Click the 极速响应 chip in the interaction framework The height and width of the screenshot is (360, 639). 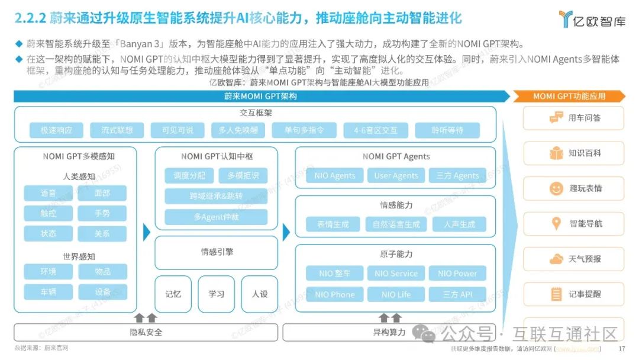56,130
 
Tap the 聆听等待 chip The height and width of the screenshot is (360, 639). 447,130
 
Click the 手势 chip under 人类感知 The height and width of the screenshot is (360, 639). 102,213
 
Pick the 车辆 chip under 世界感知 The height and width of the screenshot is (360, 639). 49,292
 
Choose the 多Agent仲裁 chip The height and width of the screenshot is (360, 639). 216,217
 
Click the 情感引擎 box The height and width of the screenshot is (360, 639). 216,252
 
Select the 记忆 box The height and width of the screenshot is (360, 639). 173,294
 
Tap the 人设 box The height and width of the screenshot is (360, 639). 259,294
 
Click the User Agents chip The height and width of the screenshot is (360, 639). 396,175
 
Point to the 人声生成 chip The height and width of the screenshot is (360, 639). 459,224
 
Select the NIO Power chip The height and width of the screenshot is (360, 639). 457,274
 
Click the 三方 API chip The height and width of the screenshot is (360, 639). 457,294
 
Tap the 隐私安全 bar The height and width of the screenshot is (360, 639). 146,332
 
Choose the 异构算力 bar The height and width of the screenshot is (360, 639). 389,332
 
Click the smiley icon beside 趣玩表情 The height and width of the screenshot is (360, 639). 556,188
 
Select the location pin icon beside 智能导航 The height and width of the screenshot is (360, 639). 556,224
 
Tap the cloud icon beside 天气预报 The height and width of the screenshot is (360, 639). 556,259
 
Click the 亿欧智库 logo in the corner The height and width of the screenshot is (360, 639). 591,19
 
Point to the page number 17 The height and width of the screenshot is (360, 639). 621,349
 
